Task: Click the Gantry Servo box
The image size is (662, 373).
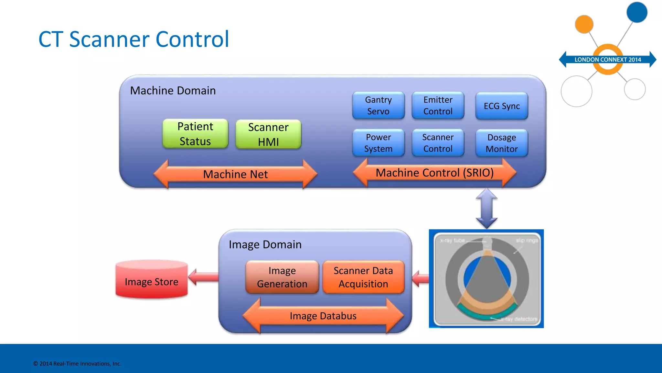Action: click(378, 106)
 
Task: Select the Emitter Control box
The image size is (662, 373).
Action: click(438, 106)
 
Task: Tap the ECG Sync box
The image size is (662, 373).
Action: click(501, 106)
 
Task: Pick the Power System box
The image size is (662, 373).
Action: click(378, 143)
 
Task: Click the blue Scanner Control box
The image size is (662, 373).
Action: click(438, 143)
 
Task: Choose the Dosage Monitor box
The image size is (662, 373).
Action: click(501, 143)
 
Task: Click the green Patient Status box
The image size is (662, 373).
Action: click(195, 134)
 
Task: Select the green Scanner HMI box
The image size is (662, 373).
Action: click(268, 134)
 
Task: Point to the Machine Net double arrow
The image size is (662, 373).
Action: click(235, 174)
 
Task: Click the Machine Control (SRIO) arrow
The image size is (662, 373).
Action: click(434, 173)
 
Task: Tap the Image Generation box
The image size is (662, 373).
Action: click(282, 277)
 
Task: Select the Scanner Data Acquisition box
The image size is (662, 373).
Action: click(363, 277)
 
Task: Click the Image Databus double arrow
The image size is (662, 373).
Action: click(323, 316)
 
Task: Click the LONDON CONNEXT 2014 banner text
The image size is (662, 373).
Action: click(607, 60)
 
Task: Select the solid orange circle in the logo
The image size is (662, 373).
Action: click(584, 24)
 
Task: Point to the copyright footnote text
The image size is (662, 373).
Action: click(77, 364)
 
